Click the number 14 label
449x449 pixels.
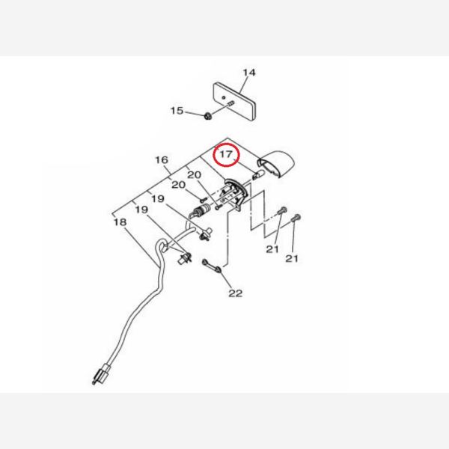click(249, 73)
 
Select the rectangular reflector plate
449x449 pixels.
click(234, 102)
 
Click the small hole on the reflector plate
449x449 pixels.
click(224, 97)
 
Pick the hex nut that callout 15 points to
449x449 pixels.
click(208, 116)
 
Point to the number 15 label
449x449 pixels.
click(177, 111)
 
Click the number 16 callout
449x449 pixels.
click(162, 160)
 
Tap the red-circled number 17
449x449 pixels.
click(226, 154)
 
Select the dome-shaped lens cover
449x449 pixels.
click(276, 165)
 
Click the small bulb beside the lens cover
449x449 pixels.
click(258, 174)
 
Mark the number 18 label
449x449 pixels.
click(120, 222)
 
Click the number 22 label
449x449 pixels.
click(236, 293)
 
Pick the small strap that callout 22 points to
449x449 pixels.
click(212, 266)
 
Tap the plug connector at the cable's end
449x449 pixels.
click(100, 374)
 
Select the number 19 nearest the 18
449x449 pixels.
click(141, 210)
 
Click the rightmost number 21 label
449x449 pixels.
click(292, 259)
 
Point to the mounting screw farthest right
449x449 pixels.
click(296, 219)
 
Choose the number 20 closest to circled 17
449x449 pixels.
click(194, 174)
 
